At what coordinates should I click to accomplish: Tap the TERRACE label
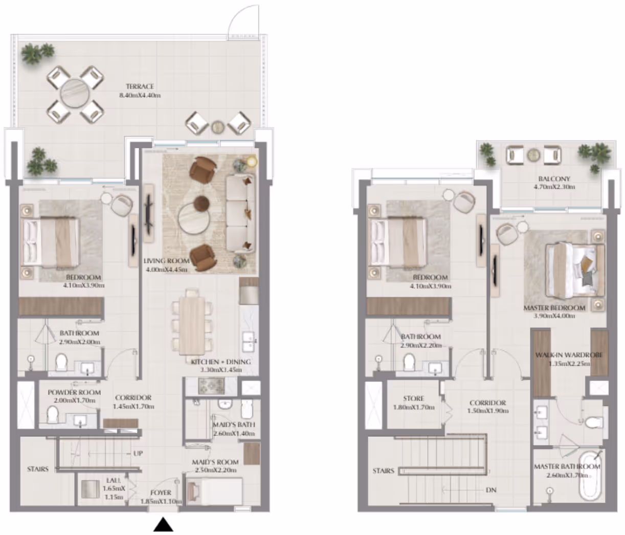click(x=140, y=86)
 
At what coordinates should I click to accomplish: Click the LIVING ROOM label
click(x=167, y=261)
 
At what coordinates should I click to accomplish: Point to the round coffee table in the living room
click(x=193, y=218)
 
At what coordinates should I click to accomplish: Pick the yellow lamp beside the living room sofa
click(x=251, y=162)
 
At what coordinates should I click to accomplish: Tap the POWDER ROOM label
click(x=74, y=392)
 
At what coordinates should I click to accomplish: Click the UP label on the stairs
click(x=138, y=453)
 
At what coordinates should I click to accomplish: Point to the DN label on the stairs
click(x=491, y=489)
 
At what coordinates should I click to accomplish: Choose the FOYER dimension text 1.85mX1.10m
click(x=161, y=501)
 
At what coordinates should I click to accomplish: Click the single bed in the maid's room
click(x=214, y=491)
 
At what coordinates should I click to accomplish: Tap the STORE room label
click(x=414, y=398)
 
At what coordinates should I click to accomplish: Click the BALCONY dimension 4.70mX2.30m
click(x=554, y=187)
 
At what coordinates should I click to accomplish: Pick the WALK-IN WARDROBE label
click(x=569, y=355)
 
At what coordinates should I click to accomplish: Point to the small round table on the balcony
click(x=533, y=155)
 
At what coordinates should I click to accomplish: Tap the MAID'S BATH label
click(x=234, y=425)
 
